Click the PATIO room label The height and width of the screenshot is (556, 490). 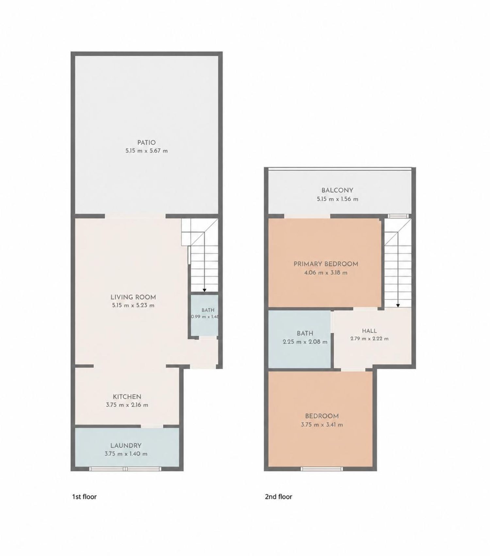(x=146, y=143)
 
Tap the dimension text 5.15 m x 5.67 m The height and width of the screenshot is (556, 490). (x=146, y=151)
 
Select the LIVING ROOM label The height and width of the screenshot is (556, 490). (x=133, y=297)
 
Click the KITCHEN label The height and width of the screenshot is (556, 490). (x=127, y=397)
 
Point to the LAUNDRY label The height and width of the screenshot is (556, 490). (x=126, y=445)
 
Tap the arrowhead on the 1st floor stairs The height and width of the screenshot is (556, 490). (x=204, y=290)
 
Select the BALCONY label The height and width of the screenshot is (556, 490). (x=337, y=190)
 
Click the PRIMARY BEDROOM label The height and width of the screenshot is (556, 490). (x=326, y=264)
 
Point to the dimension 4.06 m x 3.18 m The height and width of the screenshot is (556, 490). (x=326, y=273)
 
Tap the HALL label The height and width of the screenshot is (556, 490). (x=369, y=331)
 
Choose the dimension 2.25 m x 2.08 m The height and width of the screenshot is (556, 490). (x=305, y=342)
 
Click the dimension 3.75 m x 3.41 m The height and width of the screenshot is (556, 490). (x=322, y=425)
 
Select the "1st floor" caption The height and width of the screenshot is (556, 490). (x=84, y=497)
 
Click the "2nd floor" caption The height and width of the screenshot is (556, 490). (x=278, y=497)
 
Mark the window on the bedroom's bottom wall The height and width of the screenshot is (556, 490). (x=322, y=469)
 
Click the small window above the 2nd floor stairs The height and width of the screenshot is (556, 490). (x=398, y=216)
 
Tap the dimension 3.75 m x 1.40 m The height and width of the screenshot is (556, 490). (x=126, y=454)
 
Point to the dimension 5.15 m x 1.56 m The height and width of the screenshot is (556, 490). (x=337, y=199)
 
